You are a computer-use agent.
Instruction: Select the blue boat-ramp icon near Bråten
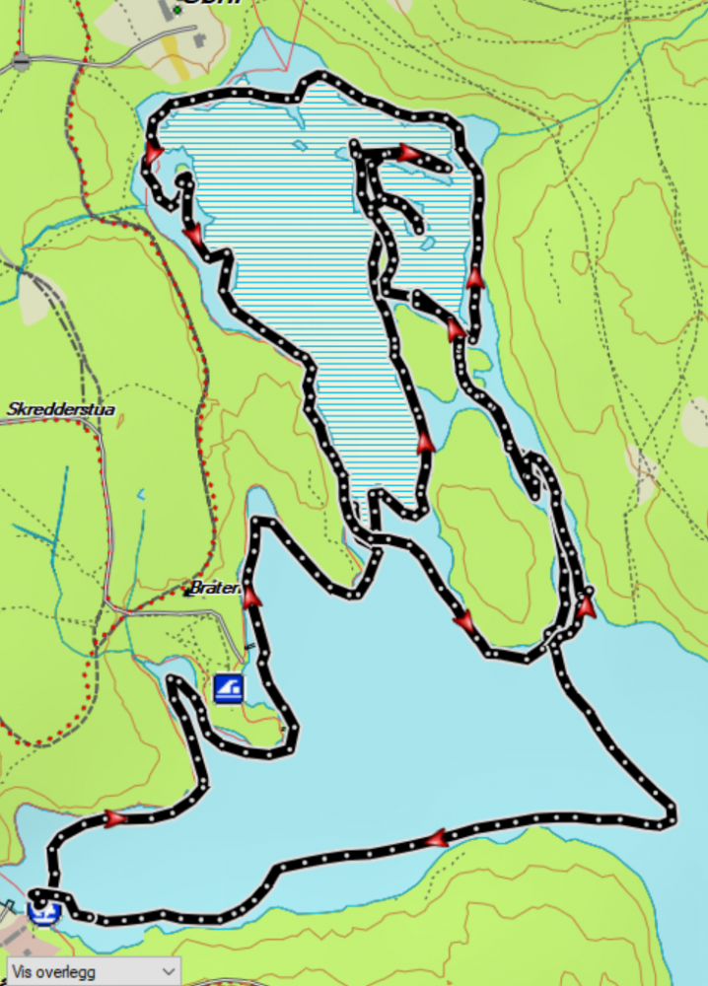pos(229,687)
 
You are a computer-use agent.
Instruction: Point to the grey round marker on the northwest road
pos(22,61)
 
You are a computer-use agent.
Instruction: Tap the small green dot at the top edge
pos(177,10)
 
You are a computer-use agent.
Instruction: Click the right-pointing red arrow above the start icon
pos(116,818)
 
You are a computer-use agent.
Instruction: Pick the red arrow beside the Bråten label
pos(251,596)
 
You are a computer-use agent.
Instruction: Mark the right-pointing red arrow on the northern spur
pos(409,153)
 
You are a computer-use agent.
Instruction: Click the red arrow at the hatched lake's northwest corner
pos(153,155)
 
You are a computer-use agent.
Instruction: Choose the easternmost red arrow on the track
pos(587,605)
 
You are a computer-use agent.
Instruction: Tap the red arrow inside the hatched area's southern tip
pos(425,443)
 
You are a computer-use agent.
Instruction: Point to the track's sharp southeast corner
pos(672,815)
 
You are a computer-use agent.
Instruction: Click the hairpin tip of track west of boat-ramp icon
pos(176,681)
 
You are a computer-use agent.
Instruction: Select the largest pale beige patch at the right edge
pos(695,421)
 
